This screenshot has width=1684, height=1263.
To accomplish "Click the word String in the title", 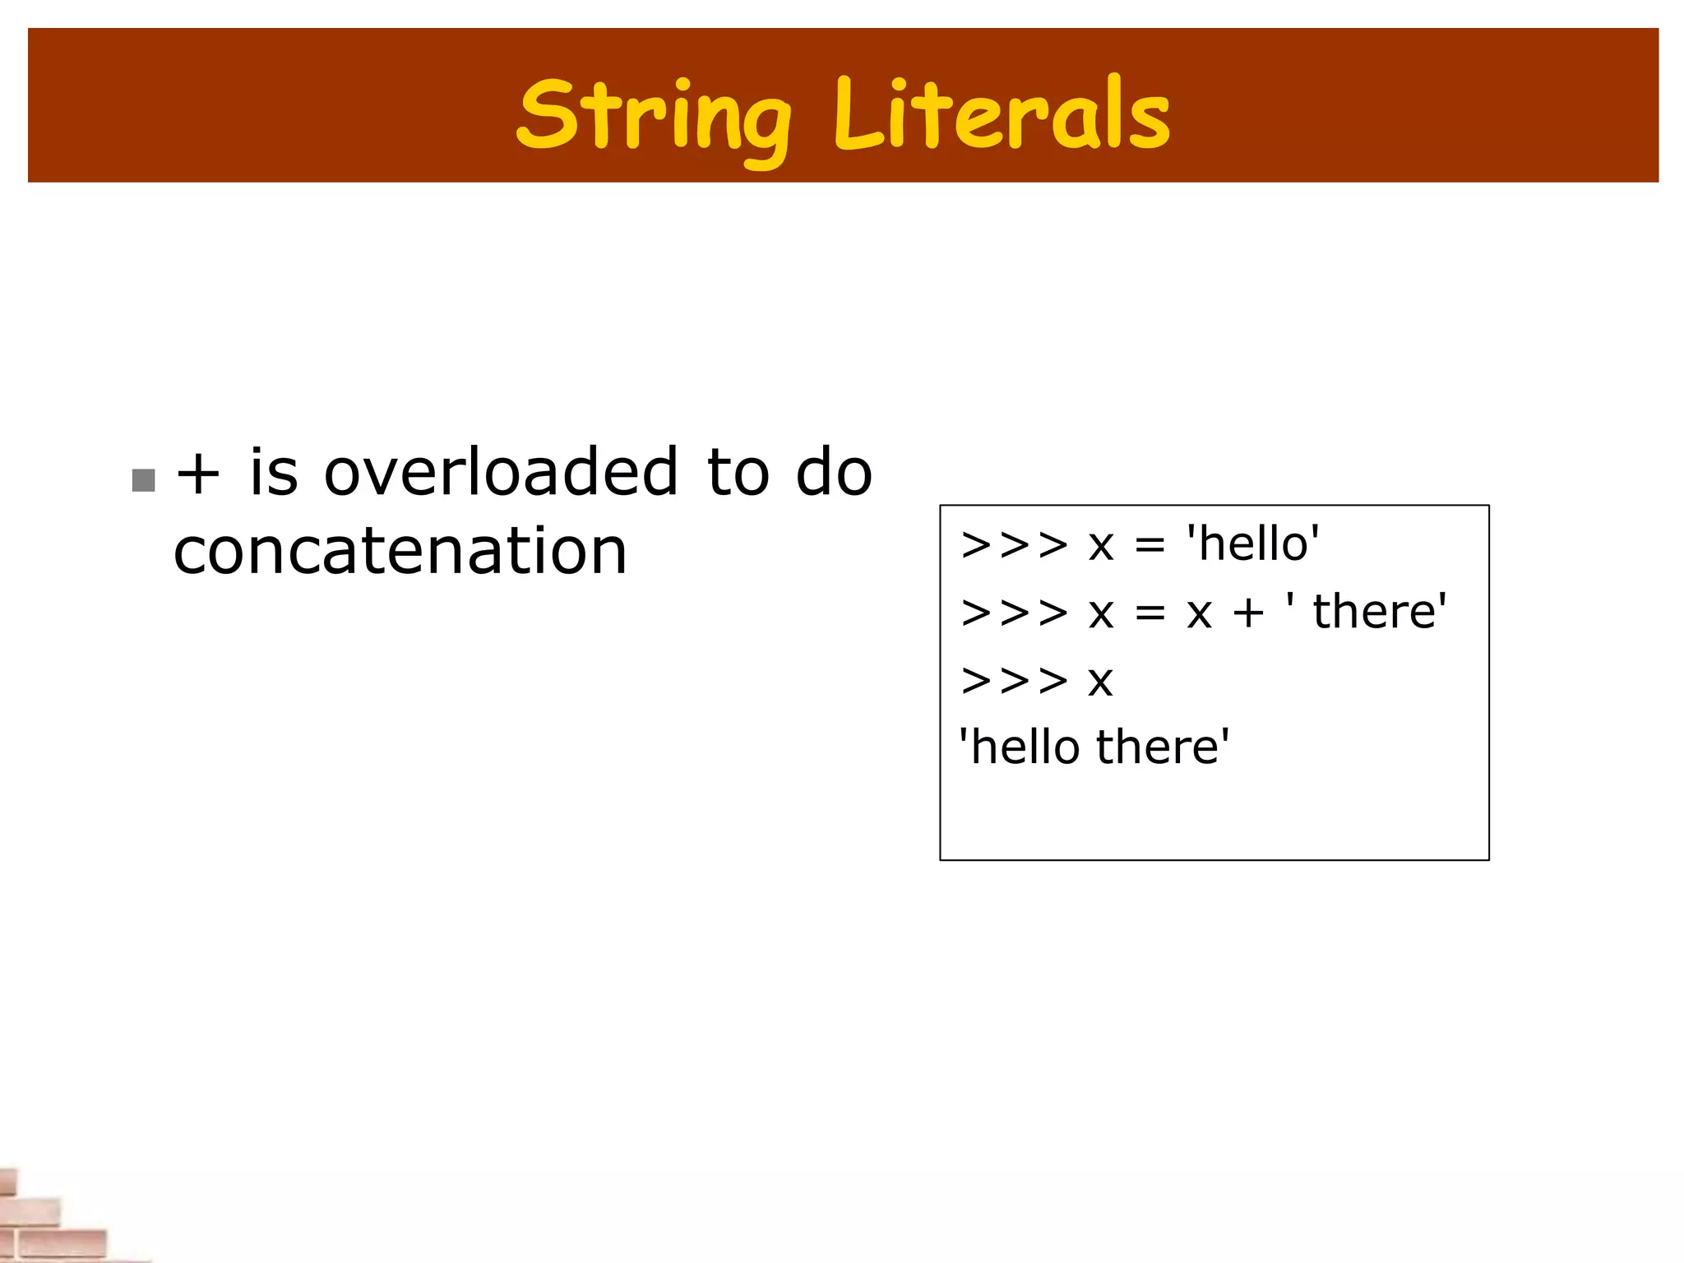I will (x=654, y=115).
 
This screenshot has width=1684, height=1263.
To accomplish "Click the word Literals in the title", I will (x=1002, y=115).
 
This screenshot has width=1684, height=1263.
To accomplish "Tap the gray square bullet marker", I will (x=144, y=480).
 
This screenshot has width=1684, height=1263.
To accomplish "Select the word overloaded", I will (x=501, y=473).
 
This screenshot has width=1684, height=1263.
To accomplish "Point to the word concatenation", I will (x=400, y=551).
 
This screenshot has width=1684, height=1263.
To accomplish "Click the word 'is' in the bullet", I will (x=273, y=473).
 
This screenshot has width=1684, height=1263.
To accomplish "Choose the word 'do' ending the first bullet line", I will (x=833, y=473).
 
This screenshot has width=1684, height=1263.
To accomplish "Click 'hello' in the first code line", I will (x=1253, y=544).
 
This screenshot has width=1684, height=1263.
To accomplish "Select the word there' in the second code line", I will (x=1379, y=612).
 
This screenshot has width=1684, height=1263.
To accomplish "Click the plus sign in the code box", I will (x=1248, y=613).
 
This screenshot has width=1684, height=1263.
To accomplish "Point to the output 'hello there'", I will (x=1094, y=747).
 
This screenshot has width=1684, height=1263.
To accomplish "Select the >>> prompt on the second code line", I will (x=1014, y=613).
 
